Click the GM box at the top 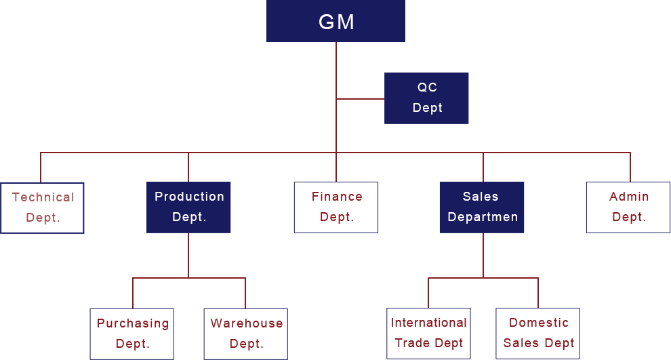(x=335, y=22)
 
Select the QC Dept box (x=426, y=98)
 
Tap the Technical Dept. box (x=42, y=207)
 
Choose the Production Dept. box (x=188, y=207)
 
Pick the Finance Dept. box (x=336, y=207)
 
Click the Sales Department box (x=481, y=207)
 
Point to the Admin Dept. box (x=628, y=207)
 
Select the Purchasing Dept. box (x=131, y=334)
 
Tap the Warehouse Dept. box (x=245, y=334)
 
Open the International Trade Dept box (x=428, y=333)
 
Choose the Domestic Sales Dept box (x=537, y=333)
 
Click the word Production (x=189, y=197)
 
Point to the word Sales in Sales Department (x=481, y=197)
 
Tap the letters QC (x=427, y=87)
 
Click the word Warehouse (x=246, y=323)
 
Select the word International (x=428, y=323)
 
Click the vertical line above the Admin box (x=630, y=166)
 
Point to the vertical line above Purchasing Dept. (x=132, y=292)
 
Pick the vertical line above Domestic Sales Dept (x=537, y=292)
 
